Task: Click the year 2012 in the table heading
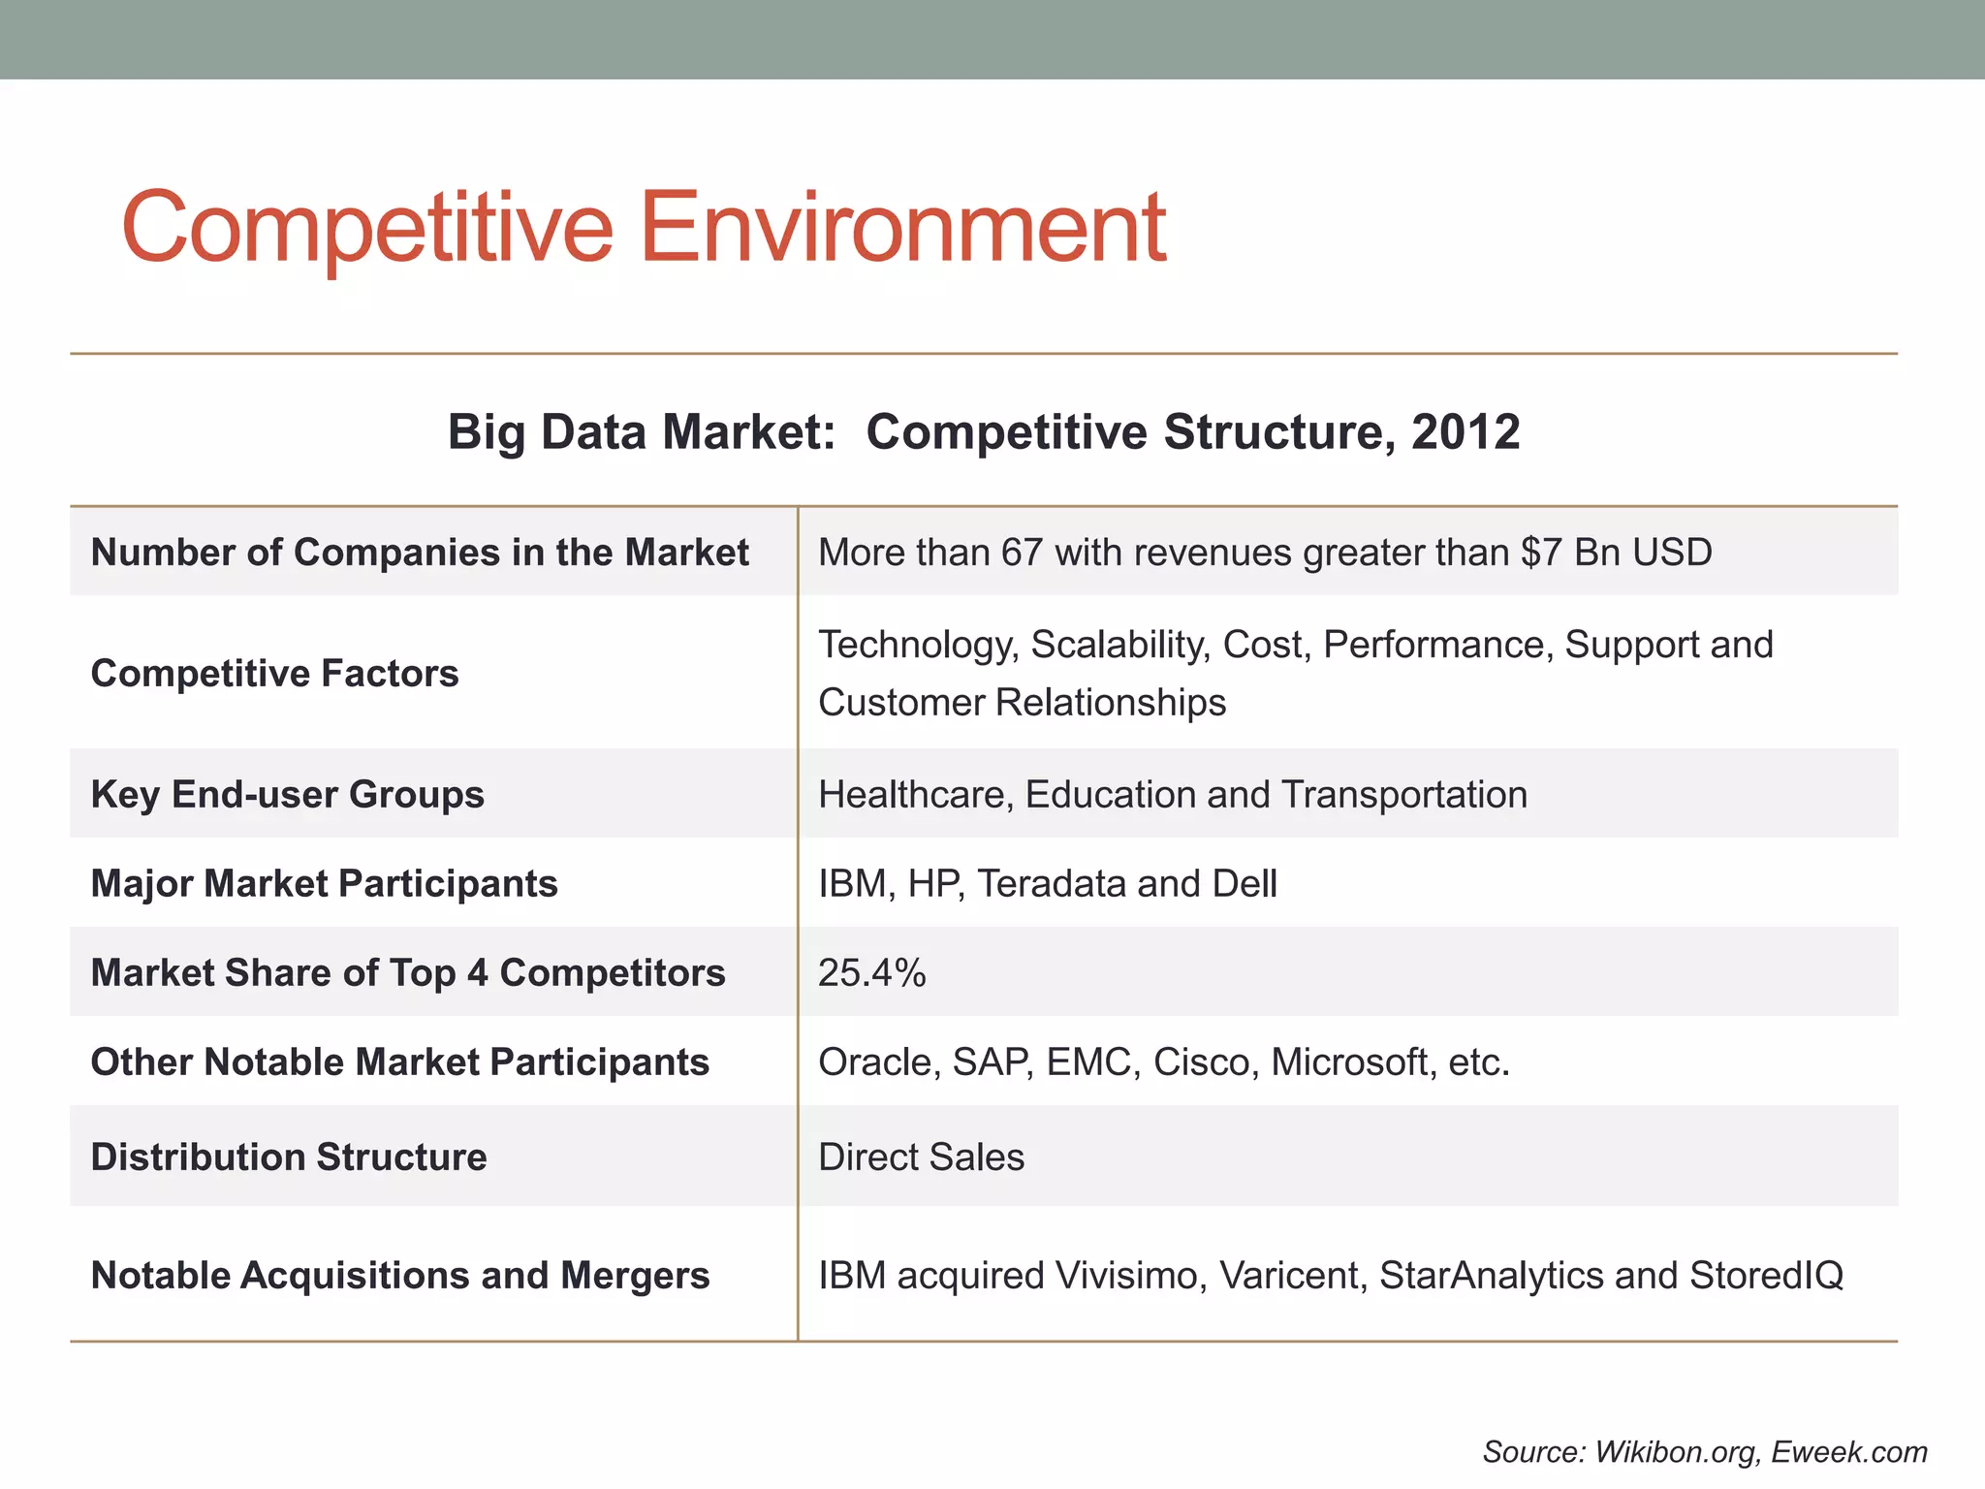tap(1465, 431)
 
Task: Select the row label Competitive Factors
tap(274, 673)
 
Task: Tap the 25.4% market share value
tap(871, 972)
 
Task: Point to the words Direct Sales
tap(921, 1156)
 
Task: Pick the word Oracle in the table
tap(875, 1061)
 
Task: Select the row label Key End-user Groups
tap(287, 794)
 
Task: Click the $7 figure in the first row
tap(1541, 553)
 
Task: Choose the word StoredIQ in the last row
tap(1766, 1275)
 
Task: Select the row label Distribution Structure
tap(288, 1156)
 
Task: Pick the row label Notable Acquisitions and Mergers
tap(399, 1275)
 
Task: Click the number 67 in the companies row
tap(1022, 553)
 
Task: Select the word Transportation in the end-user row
tap(1403, 794)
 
